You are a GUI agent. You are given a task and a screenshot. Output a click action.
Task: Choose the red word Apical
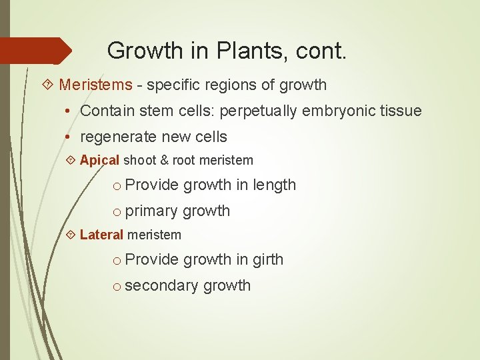click(x=99, y=160)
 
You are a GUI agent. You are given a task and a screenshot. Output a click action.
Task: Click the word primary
click(x=151, y=211)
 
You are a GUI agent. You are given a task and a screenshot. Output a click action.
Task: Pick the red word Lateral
click(x=101, y=235)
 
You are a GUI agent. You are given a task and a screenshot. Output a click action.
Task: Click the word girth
click(x=268, y=259)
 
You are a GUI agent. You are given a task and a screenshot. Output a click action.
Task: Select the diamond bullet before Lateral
click(x=71, y=235)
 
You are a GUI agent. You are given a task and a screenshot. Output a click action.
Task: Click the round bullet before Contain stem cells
click(x=70, y=111)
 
